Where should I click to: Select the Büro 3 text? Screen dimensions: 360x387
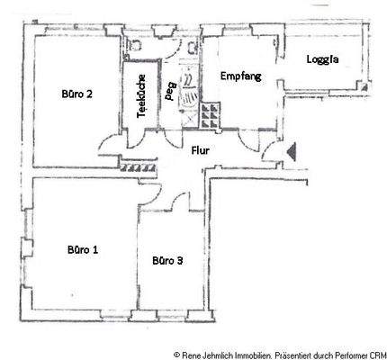[x=168, y=261]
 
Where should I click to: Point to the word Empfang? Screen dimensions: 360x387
[x=240, y=76]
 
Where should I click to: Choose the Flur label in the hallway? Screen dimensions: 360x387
[x=200, y=151]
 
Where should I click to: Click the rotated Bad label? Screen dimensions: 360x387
[x=171, y=90]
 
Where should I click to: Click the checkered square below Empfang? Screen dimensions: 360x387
[x=211, y=114]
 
